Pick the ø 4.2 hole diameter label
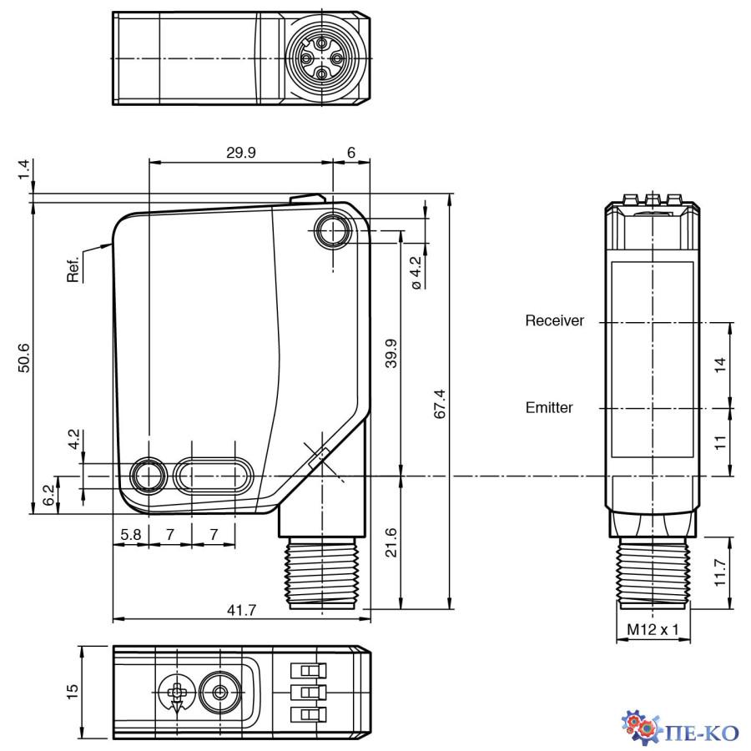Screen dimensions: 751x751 [x=417, y=272]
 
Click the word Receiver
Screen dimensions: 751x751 [x=554, y=320]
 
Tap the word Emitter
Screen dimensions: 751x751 [x=549, y=408]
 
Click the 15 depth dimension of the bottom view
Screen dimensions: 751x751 [x=73, y=691]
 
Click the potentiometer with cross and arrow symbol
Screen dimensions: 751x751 [x=176, y=693]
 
